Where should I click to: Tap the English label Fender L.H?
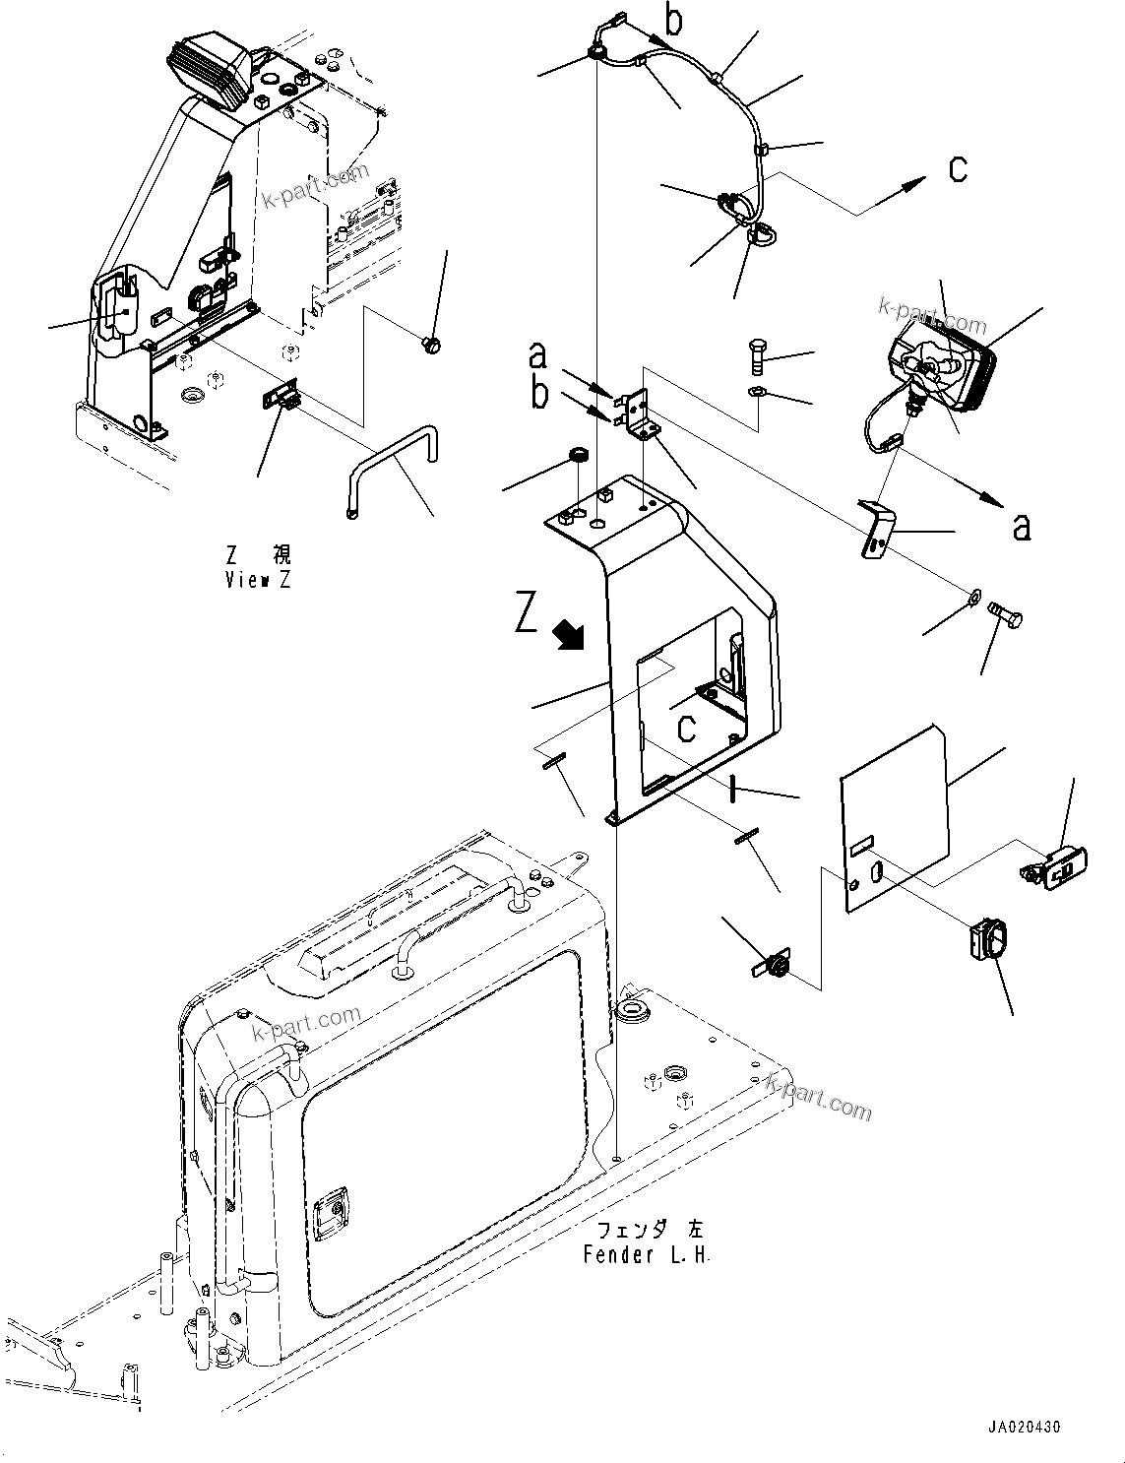pos(646,1255)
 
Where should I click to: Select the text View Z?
pos(257,580)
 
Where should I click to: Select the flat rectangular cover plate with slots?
pos(895,817)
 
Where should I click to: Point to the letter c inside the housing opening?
pos(687,729)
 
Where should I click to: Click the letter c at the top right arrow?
pos(957,169)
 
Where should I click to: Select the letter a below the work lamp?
pos(1022,528)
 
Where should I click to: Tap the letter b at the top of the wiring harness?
pos(673,19)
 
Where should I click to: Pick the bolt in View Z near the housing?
pos(431,344)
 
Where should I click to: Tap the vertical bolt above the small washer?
pos(756,356)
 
